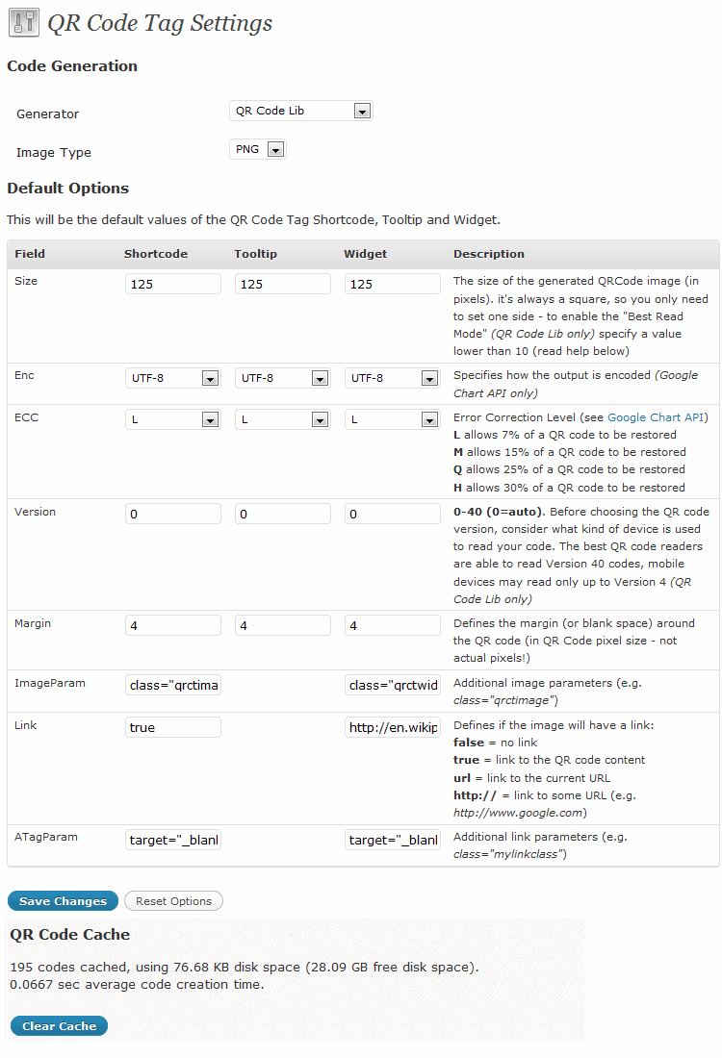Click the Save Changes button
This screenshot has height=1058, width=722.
pos(63,901)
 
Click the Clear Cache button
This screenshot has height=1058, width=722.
pos(59,1026)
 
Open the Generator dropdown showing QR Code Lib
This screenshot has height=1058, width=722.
pos(300,112)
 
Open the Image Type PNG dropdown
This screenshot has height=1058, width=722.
pos(257,150)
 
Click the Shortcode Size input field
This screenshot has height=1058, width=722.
pos(173,285)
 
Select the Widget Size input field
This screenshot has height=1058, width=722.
pos(393,285)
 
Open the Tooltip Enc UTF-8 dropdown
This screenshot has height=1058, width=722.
pos(283,379)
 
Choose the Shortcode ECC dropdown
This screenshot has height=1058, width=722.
pos(173,420)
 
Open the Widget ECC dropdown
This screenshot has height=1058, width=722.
pos(393,420)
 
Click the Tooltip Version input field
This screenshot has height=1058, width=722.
pos(283,515)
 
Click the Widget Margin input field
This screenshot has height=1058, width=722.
pos(393,626)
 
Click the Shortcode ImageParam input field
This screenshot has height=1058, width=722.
pos(173,686)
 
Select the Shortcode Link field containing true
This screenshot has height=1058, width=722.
pos(173,728)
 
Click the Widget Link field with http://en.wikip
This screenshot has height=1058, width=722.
pos(393,728)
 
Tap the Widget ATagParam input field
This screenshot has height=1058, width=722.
pos(393,841)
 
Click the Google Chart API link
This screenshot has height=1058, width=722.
pos(657,417)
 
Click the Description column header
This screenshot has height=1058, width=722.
pos(489,254)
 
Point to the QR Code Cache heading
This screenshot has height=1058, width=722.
pos(69,935)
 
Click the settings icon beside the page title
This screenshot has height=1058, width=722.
pos(22,23)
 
